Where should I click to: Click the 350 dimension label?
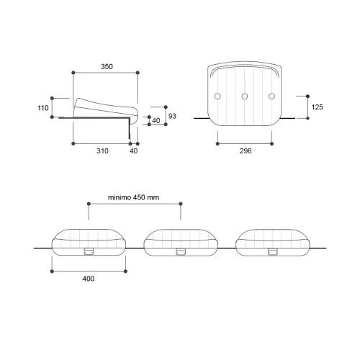pos(107,66)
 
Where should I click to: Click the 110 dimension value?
pos(43,108)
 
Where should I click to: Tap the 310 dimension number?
pos(102,151)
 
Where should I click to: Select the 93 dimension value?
pos(172,116)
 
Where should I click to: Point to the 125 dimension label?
pos(317,107)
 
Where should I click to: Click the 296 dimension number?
pos(246,150)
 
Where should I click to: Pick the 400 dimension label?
pos(89,279)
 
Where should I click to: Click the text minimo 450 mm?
pos(133,197)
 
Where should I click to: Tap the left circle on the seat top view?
pos(217,96)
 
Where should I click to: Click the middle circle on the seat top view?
pos(245,96)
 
